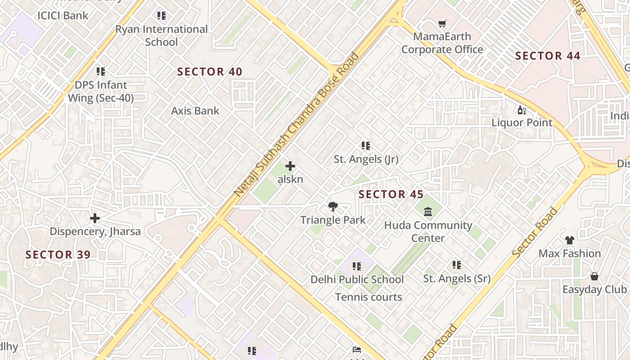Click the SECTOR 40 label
click(210, 72)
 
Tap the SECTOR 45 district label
click(391, 194)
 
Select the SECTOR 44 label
click(548, 56)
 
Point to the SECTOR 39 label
click(58, 255)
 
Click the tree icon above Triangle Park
click(333, 207)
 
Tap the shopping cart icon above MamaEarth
click(442, 23)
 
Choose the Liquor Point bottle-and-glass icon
click(522, 110)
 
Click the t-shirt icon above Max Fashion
click(570, 240)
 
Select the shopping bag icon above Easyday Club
click(594, 276)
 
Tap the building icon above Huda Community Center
click(428, 211)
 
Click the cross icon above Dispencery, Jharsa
click(95, 218)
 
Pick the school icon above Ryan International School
click(162, 16)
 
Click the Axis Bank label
click(195, 111)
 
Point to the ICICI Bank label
click(63, 15)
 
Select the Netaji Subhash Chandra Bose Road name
click(297, 124)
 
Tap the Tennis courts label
click(369, 297)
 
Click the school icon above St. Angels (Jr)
click(366, 146)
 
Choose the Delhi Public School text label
click(357, 279)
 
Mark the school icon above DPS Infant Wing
click(101, 72)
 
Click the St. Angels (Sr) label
click(457, 279)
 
